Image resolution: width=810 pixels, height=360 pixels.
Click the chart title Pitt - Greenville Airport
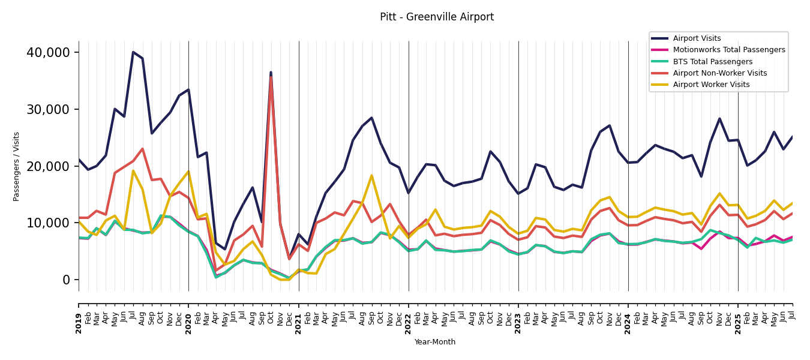pyautogui.click(x=436, y=17)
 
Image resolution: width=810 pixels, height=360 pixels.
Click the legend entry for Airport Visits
pyautogui.click(x=697, y=38)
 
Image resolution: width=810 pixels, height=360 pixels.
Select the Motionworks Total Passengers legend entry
pyautogui.click(x=728, y=50)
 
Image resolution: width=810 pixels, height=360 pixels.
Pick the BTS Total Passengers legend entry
pyautogui.click(x=712, y=62)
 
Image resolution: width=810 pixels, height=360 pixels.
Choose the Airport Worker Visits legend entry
pyautogui.click(x=711, y=85)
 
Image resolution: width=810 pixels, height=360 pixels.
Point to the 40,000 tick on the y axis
pyautogui.click(x=48, y=53)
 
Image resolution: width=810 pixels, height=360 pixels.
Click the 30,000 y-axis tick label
pyautogui.click(x=48, y=109)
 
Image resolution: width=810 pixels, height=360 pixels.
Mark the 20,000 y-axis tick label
pyautogui.click(x=48, y=166)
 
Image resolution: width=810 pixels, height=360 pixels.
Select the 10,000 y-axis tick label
pyautogui.click(x=48, y=223)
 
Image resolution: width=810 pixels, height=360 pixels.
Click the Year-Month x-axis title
pyautogui.click(x=435, y=342)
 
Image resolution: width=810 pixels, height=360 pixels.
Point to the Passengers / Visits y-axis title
pyautogui.click(x=17, y=166)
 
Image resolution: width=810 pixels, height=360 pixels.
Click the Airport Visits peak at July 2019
pyautogui.click(x=133, y=52)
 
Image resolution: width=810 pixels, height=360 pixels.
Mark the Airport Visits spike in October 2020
pyautogui.click(x=271, y=73)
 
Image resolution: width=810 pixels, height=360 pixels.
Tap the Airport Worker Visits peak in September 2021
pyautogui.click(x=371, y=175)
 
